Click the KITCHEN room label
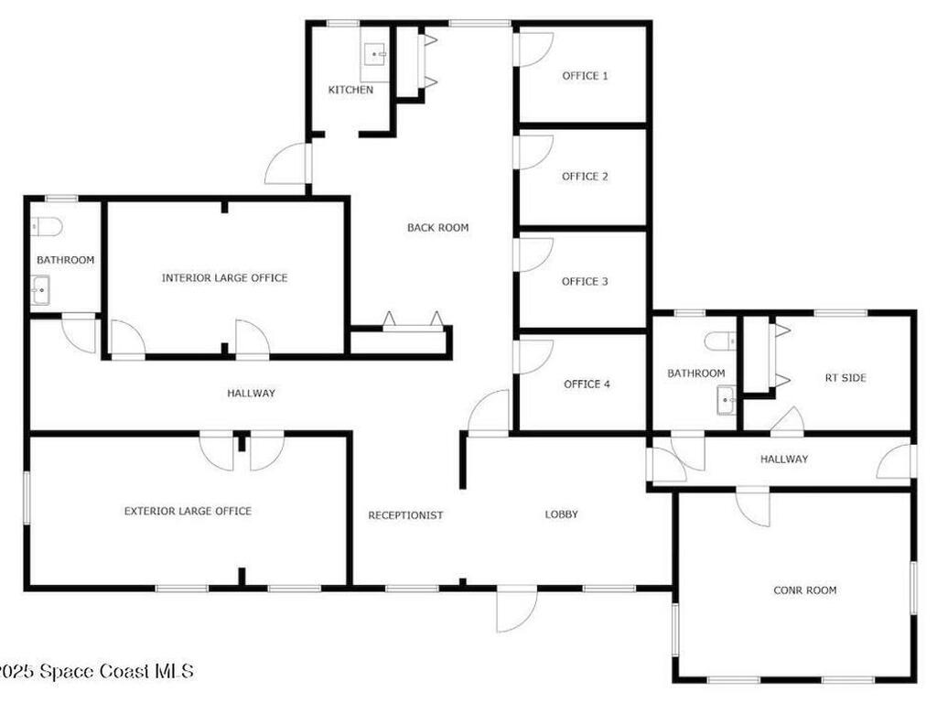tap(350, 90)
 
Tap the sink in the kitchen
tap(375, 54)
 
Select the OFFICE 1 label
tap(585, 76)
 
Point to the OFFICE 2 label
tap(585, 177)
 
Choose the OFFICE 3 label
tap(585, 282)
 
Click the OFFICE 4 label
tap(587, 384)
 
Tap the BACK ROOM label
tap(438, 228)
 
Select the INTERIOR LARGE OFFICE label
tap(224, 278)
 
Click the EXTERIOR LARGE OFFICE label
tap(188, 512)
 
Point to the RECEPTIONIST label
tap(405, 515)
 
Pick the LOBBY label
tap(562, 514)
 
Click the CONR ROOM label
tap(805, 591)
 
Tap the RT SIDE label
tap(845, 378)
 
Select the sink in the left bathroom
tap(41, 292)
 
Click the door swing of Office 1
tap(534, 49)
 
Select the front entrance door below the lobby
tap(514, 611)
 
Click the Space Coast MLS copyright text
tap(96, 672)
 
